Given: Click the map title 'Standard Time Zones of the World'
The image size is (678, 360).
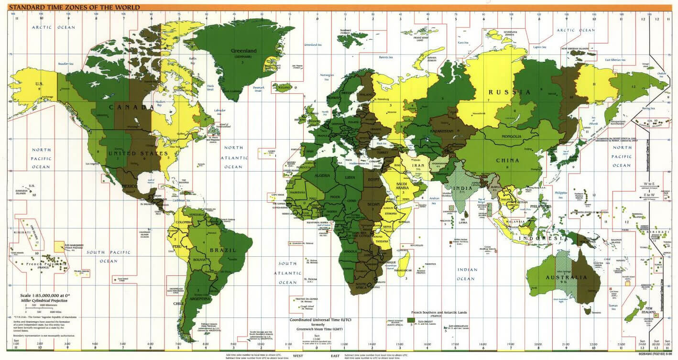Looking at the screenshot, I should point(71,7).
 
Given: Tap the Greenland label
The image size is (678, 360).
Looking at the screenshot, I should point(244,51).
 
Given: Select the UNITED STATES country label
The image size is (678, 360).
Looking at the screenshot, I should point(138,153).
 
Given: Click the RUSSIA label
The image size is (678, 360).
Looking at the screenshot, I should point(509,92).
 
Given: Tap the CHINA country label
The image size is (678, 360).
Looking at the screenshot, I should point(507,161).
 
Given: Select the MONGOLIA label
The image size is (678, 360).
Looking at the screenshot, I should point(511,137).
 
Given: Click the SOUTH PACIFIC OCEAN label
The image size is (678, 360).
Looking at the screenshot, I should point(109,256).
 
